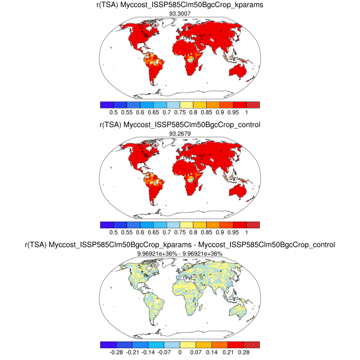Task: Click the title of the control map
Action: (180, 125)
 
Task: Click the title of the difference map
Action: (180, 245)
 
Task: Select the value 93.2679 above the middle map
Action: (180, 133)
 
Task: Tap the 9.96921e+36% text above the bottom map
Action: (180, 254)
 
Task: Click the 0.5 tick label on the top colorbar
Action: (115, 112)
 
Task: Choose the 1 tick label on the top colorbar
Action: (247, 112)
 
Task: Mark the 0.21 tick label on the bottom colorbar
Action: (228, 353)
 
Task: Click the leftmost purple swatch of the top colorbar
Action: (106, 104)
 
